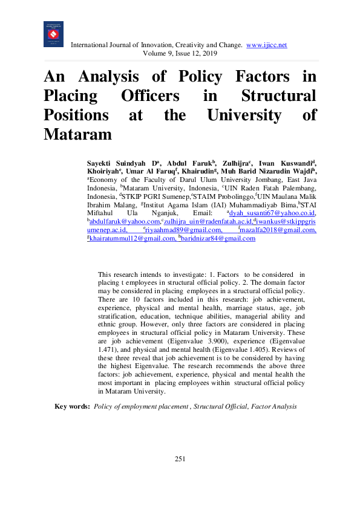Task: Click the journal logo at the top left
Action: [53, 34]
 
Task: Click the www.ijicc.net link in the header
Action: [267, 45]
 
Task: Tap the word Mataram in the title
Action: [78, 134]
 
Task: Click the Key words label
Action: [73, 407]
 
